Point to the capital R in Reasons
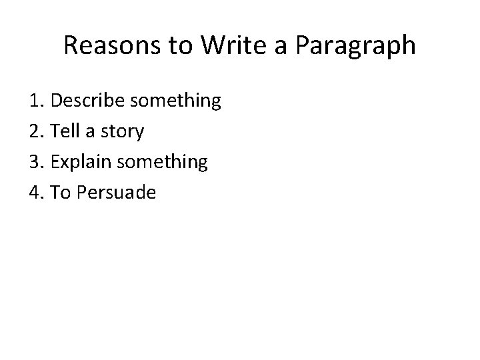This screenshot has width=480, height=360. (x=71, y=46)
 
